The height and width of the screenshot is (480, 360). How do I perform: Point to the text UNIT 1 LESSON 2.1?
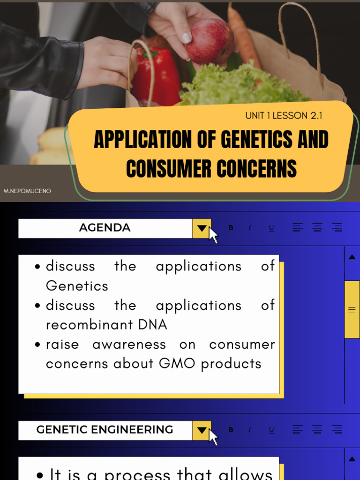pyautogui.click(x=284, y=116)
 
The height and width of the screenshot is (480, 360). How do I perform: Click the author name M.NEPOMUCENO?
pyautogui.click(x=27, y=191)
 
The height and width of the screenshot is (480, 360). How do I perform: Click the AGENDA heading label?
pyautogui.click(x=105, y=228)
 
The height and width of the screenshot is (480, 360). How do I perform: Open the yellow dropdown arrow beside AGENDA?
pyautogui.click(x=202, y=228)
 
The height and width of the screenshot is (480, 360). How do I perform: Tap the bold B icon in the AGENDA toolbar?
pyautogui.click(x=231, y=228)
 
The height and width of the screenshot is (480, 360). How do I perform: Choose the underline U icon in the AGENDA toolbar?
pyautogui.click(x=271, y=228)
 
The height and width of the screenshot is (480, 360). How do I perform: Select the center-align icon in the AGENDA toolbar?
pyautogui.click(x=317, y=228)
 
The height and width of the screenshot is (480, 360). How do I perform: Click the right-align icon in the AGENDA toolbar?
pyautogui.click(x=337, y=228)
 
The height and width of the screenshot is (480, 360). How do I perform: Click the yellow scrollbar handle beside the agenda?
pyautogui.click(x=352, y=309)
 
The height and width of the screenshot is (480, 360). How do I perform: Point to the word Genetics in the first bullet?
pyautogui.click(x=77, y=286)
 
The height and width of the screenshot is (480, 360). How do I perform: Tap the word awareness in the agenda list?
pyautogui.click(x=129, y=345)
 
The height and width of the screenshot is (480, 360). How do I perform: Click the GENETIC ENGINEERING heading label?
pyautogui.click(x=105, y=430)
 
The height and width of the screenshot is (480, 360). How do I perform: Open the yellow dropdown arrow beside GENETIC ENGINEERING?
pyautogui.click(x=202, y=430)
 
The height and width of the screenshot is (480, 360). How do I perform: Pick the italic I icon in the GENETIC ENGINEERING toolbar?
pyautogui.click(x=249, y=430)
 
